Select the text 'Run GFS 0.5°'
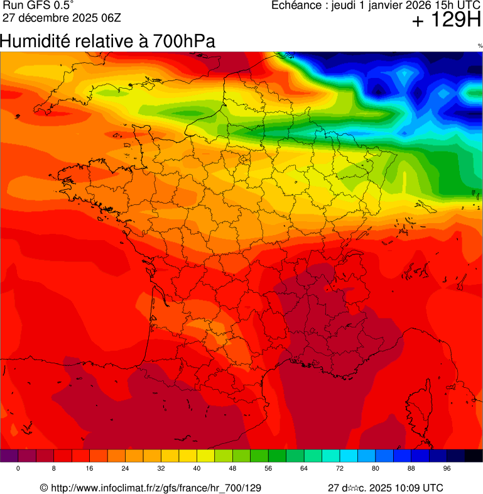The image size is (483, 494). click(38, 6)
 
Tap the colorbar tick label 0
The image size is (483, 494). click(18, 469)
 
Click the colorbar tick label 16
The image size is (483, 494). click(89, 469)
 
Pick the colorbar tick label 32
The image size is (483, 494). click(161, 469)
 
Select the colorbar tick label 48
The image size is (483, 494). click(232, 469)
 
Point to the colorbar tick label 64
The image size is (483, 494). click(304, 469)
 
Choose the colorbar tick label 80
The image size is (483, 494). click(376, 469)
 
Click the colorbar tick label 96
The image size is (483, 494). click(447, 469)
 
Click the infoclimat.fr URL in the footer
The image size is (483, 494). click(155, 488)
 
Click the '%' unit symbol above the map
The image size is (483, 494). click(479, 46)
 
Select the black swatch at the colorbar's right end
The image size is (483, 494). click(473, 456)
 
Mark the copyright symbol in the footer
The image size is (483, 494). click(43, 488)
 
